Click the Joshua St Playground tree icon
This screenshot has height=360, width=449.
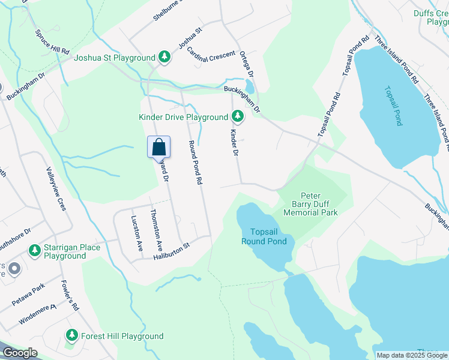click(x=164, y=57)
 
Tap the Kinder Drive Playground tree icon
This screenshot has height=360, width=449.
click(x=238, y=115)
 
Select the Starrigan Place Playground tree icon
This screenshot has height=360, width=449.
click(x=35, y=250)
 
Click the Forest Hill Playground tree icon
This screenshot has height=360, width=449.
click(x=72, y=335)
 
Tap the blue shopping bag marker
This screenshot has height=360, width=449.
click(x=158, y=147)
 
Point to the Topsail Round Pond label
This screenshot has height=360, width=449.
click(x=264, y=236)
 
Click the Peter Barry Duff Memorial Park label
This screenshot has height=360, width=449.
click(x=310, y=205)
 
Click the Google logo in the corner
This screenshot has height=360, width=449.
click(x=20, y=353)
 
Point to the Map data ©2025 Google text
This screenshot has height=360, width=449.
click(x=412, y=355)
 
